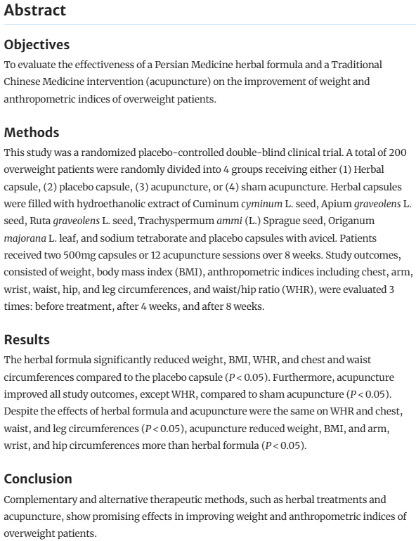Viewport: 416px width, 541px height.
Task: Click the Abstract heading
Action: coord(34,11)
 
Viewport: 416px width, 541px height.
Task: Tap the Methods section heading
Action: coord(31,133)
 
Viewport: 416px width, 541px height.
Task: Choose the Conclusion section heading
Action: coord(38,479)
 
